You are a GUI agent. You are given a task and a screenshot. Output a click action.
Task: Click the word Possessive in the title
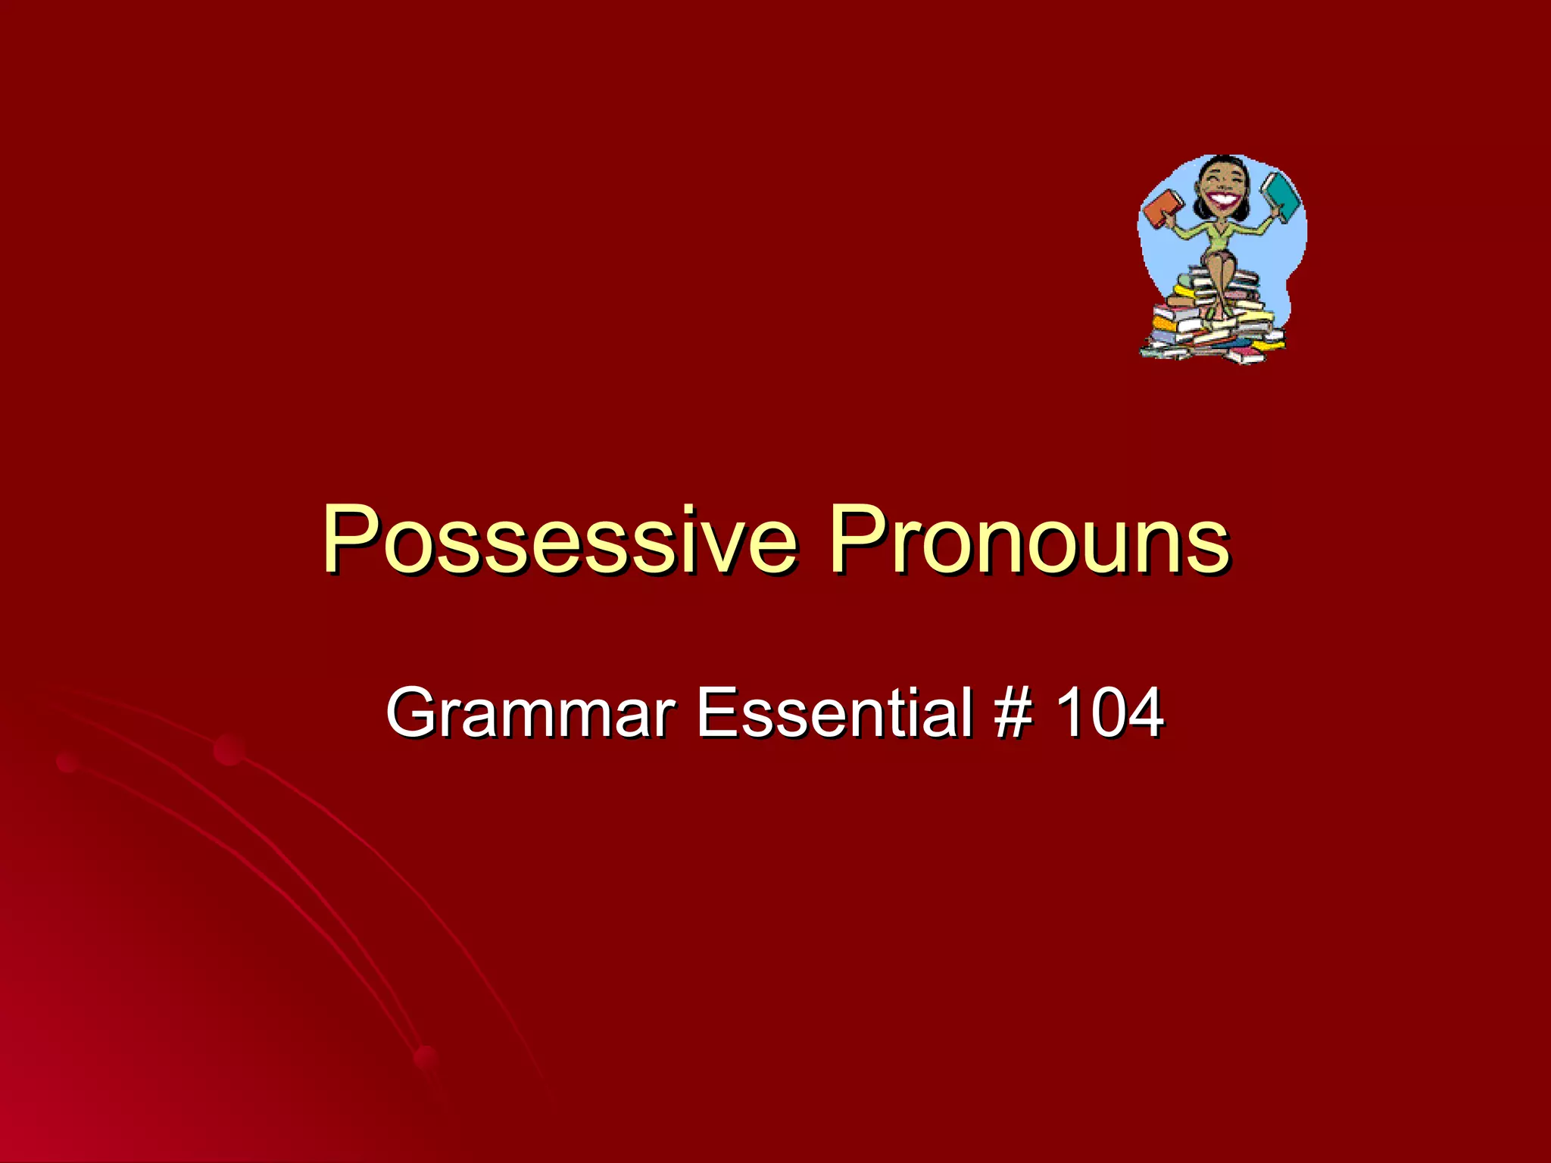pyautogui.click(x=559, y=539)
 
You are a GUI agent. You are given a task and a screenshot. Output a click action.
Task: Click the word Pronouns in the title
pyautogui.click(x=1028, y=539)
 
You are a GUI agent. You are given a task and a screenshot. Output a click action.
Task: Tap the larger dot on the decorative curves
pyautogui.click(x=229, y=750)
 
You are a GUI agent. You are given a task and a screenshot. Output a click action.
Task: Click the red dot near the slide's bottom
pyautogui.click(x=426, y=1059)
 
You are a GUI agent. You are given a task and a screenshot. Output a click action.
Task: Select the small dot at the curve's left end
pyautogui.click(x=67, y=762)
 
